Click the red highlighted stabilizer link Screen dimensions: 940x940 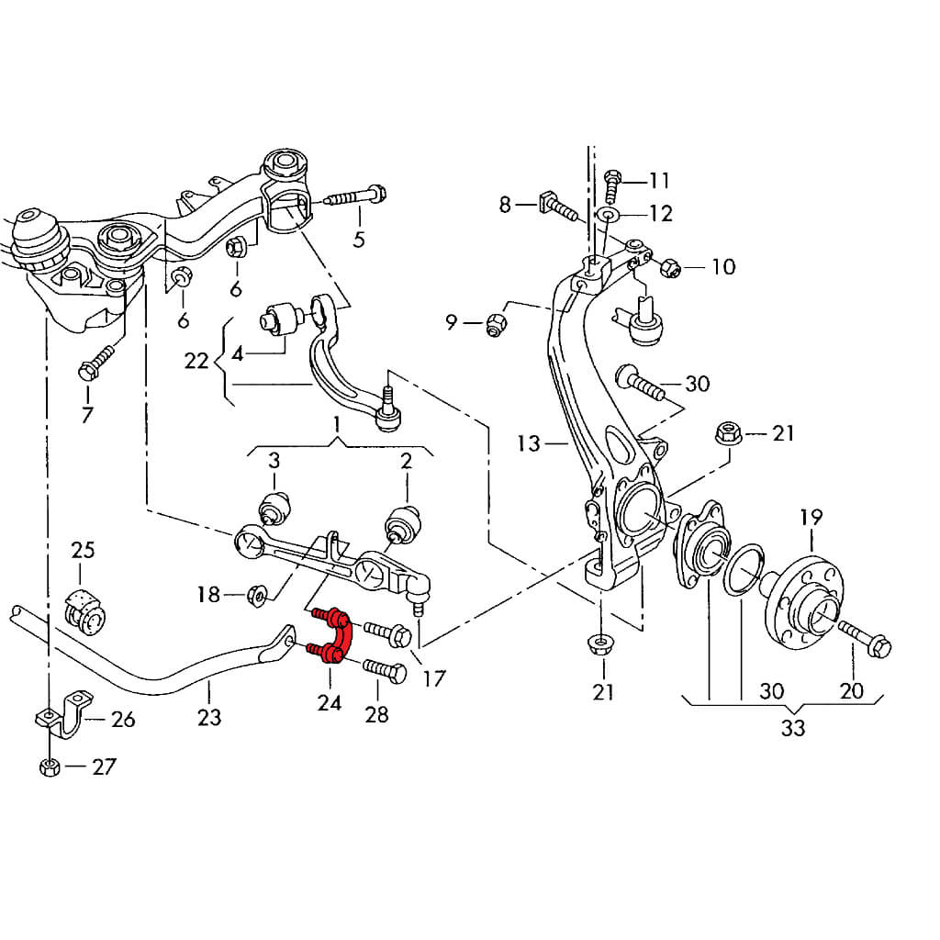pyautogui.click(x=334, y=633)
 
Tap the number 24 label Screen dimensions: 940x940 pyautogui.click(x=330, y=702)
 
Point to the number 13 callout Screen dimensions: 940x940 pyautogui.click(x=529, y=444)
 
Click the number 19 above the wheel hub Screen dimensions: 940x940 pyautogui.click(x=811, y=518)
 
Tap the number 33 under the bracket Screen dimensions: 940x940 pyautogui.click(x=793, y=728)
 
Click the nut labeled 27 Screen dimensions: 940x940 pyautogui.click(x=50, y=767)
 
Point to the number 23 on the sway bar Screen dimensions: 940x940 pyautogui.click(x=209, y=716)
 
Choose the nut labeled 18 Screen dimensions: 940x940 pyautogui.click(x=258, y=596)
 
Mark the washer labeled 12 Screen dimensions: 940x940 pyautogui.click(x=608, y=215)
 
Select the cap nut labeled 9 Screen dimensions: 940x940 pyautogui.click(x=496, y=322)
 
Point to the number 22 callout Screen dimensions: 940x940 pyautogui.click(x=196, y=360)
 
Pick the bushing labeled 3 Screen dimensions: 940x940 pyautogui.click(x=274, y=507)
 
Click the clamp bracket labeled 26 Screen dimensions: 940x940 pyautogui.click(x=64, y=718)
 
